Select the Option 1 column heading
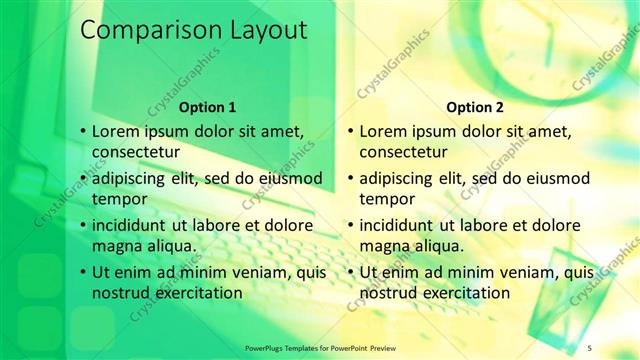[x=207, y=107]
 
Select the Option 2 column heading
[x=475, y=107]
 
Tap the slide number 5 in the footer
[x=589, y=347]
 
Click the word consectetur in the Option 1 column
[x=136, y=152]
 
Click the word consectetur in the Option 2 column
[x=403, y=152]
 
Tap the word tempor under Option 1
[x=117, y=199]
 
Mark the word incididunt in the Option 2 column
[x=404, y=225]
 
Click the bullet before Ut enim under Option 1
[x=83, y=272]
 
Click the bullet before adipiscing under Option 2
[x=350, y=178]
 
